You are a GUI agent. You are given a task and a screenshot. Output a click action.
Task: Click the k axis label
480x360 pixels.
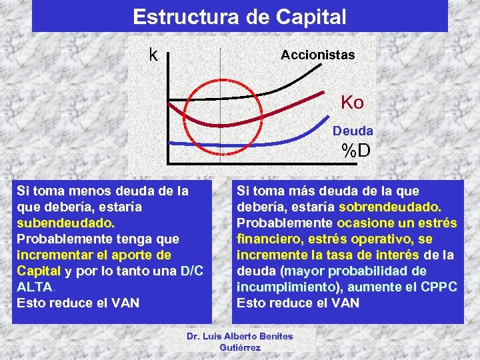coord(153,54)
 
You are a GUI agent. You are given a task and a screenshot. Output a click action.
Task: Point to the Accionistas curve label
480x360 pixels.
coord(317,55)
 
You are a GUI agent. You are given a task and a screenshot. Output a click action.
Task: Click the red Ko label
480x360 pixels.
coord(352,103)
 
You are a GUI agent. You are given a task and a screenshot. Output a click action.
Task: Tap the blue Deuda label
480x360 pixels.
coord(353,131)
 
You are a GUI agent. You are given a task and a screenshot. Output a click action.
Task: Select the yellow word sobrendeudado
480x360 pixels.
coord(390,207)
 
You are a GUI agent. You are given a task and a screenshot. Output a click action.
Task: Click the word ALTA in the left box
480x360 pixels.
coord(33,287)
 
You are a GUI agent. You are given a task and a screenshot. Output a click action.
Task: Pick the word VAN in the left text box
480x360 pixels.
coord(125,303)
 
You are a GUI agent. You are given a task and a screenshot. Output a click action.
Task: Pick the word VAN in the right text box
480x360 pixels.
coord(345,303)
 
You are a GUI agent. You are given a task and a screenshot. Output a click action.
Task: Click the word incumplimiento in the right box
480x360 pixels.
coord(275,287)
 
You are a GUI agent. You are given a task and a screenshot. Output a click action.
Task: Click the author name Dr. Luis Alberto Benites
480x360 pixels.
coord(240,337)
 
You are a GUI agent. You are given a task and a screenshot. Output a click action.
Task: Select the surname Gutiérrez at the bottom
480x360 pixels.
coord(240,348)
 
